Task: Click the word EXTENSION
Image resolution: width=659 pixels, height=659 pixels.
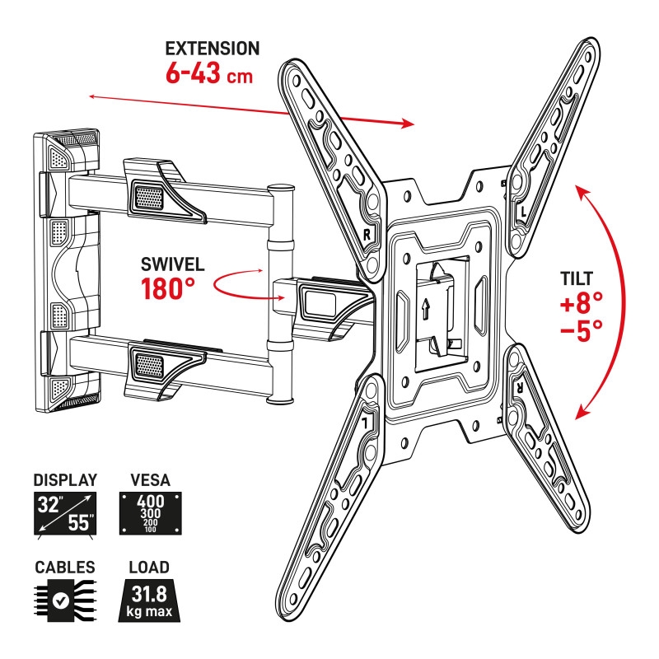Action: [213, 49]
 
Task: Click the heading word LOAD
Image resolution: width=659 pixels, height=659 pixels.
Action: [149, 568]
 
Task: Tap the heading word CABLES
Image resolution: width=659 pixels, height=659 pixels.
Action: [64, 568]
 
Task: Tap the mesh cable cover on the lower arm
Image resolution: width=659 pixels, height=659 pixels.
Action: [149, 361]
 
